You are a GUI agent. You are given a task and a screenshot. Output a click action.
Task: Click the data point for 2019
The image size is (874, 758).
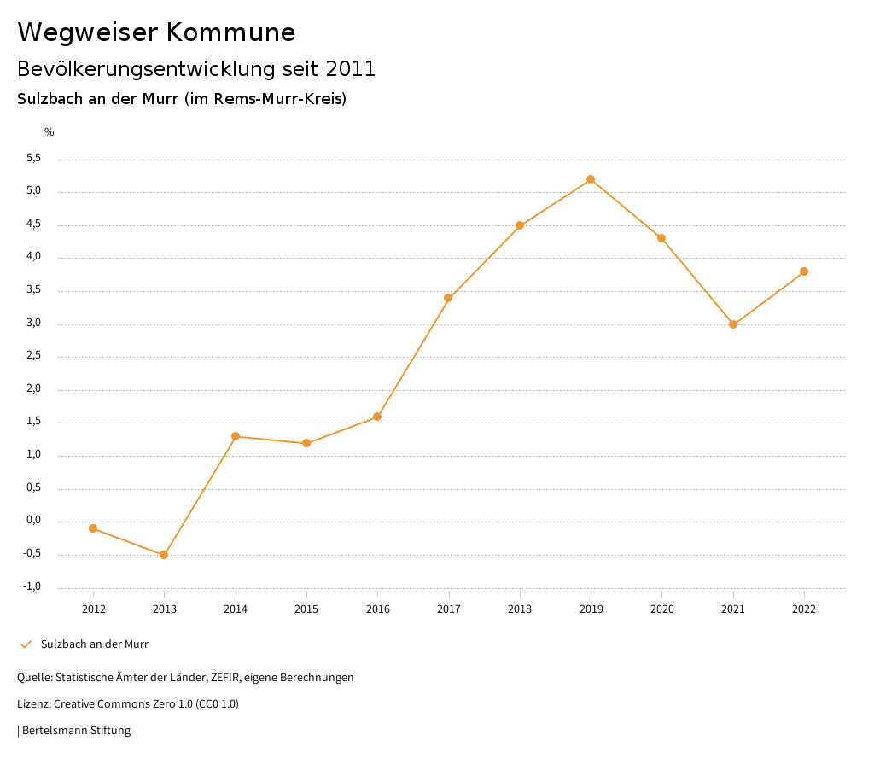pyautogui.click(x=591, y=179)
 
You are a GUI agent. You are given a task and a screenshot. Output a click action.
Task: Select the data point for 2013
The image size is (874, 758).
pyautogui.click(x=164, y=555)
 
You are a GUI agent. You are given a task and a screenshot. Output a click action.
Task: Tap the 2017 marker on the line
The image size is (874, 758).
pyautogui.click(x=448, y=298)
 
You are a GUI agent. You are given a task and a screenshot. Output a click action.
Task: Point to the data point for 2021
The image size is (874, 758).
pyautogui.click(x=733, y=324)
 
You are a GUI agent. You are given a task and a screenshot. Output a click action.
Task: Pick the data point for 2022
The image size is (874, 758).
pyautogui.click(x=804, y=271)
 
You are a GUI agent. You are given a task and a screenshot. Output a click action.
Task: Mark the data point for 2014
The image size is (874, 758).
pyautogui.click(x=236, y=436)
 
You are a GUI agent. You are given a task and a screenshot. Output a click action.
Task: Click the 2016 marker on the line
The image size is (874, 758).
pyautogui.click(x=377, y=417)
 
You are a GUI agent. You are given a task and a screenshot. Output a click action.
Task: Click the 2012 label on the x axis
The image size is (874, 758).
pyautogui.click(x=93, y=609)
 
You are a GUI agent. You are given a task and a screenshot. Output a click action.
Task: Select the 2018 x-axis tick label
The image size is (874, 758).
pyautogui.click(x=520, y=609)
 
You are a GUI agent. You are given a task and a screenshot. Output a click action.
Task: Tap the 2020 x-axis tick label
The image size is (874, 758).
pyautogui.click(x=662, y=609)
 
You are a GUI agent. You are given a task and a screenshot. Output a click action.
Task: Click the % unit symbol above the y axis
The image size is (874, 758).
pyautogui.click(x=50, y=131)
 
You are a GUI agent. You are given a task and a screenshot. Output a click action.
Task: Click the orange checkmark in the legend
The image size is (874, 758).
pyautogui.click(x=26, y=644)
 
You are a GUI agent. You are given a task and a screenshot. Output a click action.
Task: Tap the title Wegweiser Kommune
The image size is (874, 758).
pyautogui.click(x=156, y=32)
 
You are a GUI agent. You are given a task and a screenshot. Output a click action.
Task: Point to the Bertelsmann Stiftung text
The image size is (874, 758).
pyautogui.click(x=76, y=731)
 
